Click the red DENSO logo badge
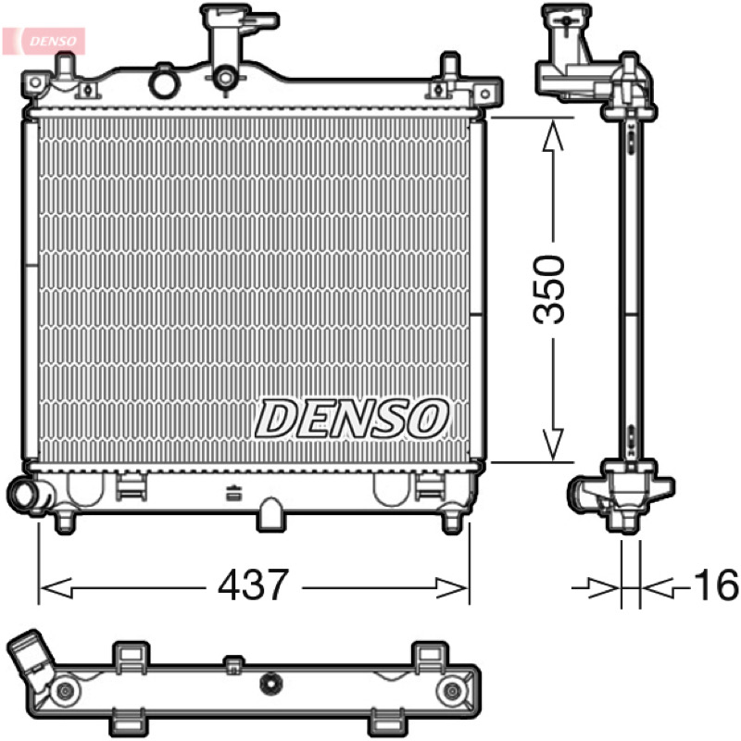click(44, 41)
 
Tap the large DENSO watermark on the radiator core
click(352, 419)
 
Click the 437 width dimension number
click(253, 584)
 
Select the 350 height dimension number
click(548, 290)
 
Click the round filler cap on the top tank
click(165, 82)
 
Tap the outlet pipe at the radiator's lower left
click(27, 493)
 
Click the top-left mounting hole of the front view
click(35, 82)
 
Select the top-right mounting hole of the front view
click(484, 94)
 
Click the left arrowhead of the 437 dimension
click(56, 589)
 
